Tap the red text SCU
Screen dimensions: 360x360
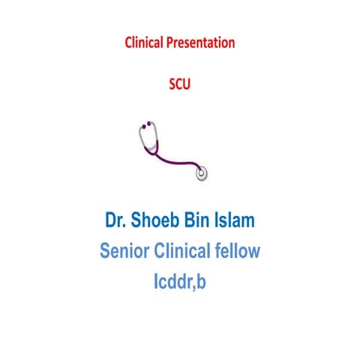[x=179, y=85]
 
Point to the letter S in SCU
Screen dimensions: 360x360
[x=171, y=85]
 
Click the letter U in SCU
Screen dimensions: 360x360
[x=187, y=85]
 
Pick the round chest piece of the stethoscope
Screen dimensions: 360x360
[x=202, y=172]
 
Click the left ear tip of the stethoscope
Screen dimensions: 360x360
[x=140, y=128]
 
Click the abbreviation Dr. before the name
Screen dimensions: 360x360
[x=115, y=222]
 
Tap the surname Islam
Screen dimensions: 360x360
[x=239, y=222]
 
